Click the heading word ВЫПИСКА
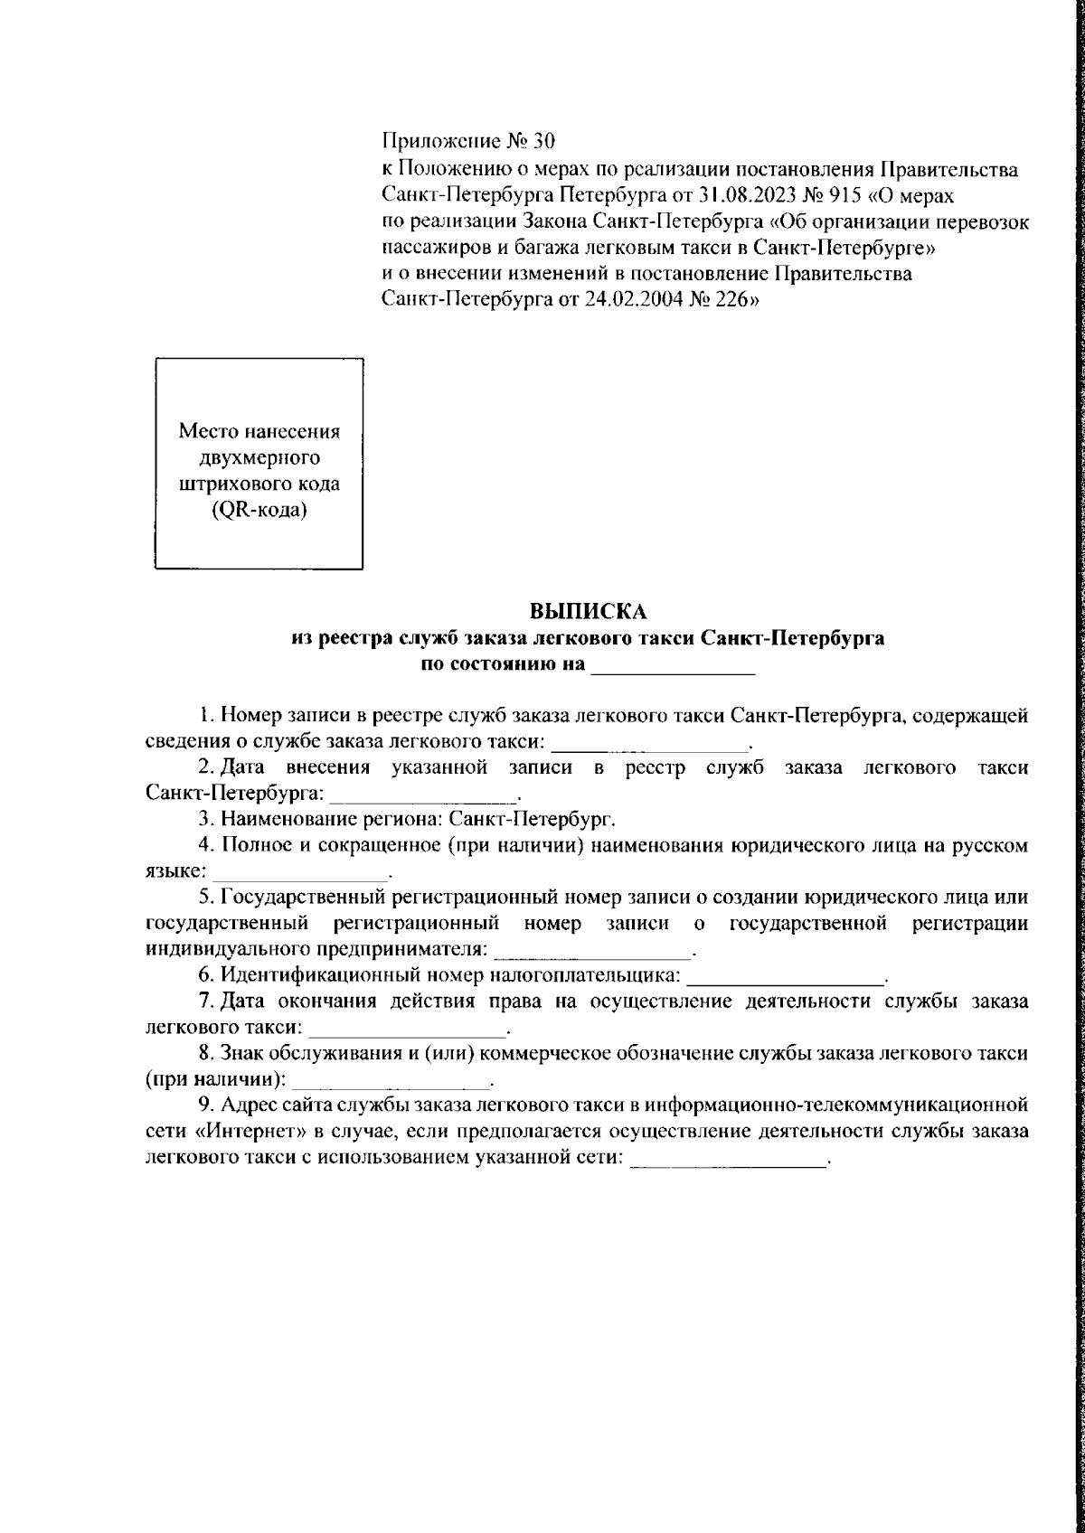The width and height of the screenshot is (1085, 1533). coord(588,612)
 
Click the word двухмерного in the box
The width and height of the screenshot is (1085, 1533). coord(259,456)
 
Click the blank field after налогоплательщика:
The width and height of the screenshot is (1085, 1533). coord(785,975)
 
